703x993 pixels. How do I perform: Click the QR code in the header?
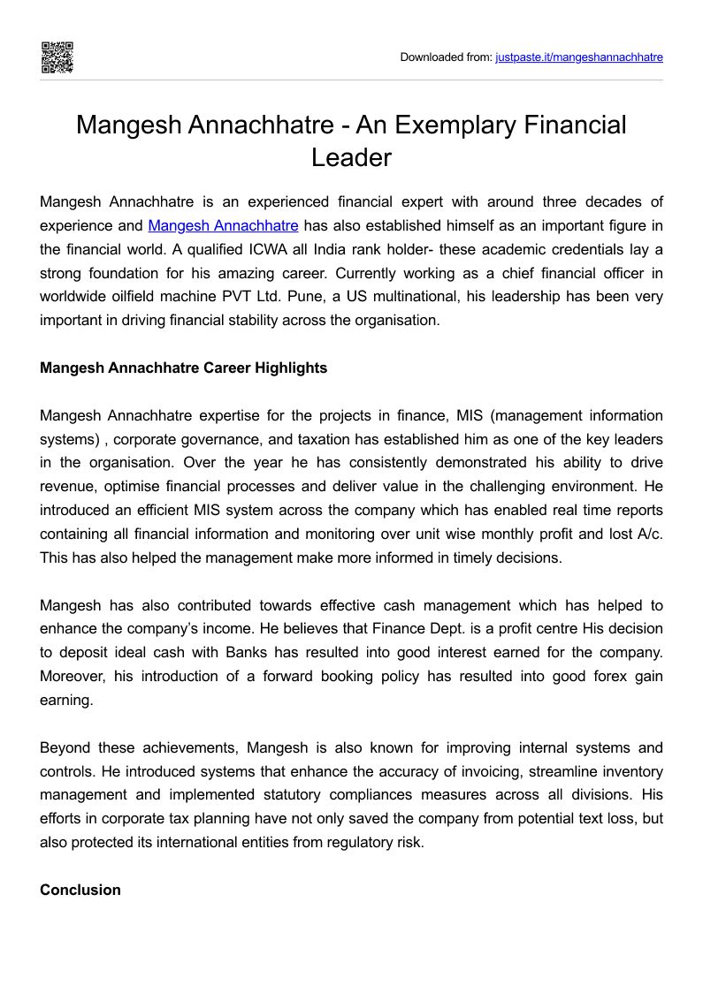coord(57,57)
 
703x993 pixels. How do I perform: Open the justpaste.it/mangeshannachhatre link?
coord(578,57)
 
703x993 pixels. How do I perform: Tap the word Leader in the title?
coord(351,157)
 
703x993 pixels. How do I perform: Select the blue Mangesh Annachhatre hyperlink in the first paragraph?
coord(223,225)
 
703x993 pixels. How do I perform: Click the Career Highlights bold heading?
coord(183,368)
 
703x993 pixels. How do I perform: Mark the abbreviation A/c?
coord(650,534)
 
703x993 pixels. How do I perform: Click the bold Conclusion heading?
coord(80,890)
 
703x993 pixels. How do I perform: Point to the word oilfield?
coord(124,297)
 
